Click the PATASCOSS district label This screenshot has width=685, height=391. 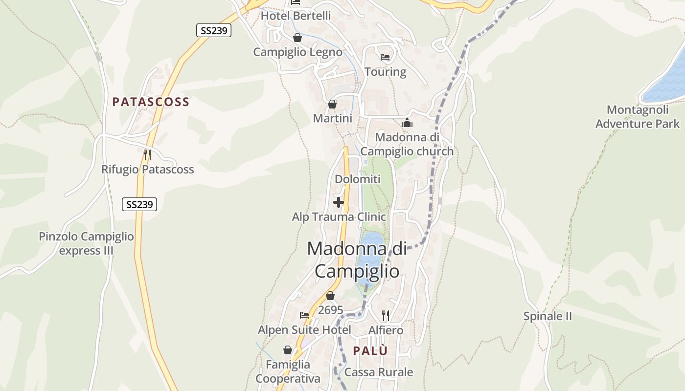click(x=151, y=102)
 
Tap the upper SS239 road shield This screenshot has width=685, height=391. click(x=214, y=30)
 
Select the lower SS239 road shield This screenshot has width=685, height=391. click(x=139, y=204)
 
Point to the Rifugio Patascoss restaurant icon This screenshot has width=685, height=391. click(x=147, y=155)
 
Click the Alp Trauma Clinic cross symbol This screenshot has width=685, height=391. click(x=338, y=202)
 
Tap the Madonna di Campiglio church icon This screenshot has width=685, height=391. click(x=407, y=123)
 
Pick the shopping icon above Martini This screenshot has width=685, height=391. click(x=332, y=104)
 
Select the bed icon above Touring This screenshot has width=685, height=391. click(x=385, y=57)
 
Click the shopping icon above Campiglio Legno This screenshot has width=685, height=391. click(x=297, y=38)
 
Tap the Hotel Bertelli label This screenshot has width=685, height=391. click(x=296, y=16)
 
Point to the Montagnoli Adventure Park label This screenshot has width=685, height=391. click(x=637, y=117)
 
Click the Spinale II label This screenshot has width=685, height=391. click(x=548, y=316)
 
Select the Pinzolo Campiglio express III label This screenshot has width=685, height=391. click(x=86, y=243)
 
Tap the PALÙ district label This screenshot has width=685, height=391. click(x=370, y=350)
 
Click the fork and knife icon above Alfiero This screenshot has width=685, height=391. click(x=386, y=315)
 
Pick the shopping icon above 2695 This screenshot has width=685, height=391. click(x=330, y=296)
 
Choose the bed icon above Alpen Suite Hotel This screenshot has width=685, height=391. click(x=304, y=315)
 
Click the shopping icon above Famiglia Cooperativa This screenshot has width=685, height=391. click(x=288, y=350)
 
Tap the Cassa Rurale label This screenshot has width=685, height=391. click(x=379, y=372)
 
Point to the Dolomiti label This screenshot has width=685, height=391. click(x=357, y=179)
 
